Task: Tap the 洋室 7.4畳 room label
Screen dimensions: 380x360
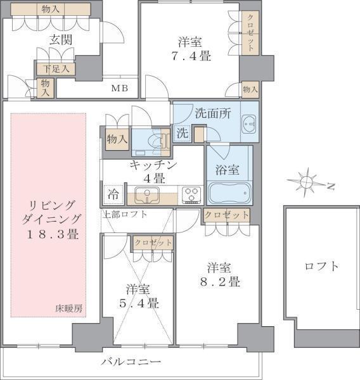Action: tap(190, 49)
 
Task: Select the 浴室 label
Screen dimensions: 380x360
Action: tap(227, 170)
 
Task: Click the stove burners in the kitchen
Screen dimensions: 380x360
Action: tap(191, 194)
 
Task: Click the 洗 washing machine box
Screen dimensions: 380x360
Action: tap(182, 134)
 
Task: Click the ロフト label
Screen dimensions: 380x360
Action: tap(321, 266)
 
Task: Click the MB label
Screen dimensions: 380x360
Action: tap(120, 87)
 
